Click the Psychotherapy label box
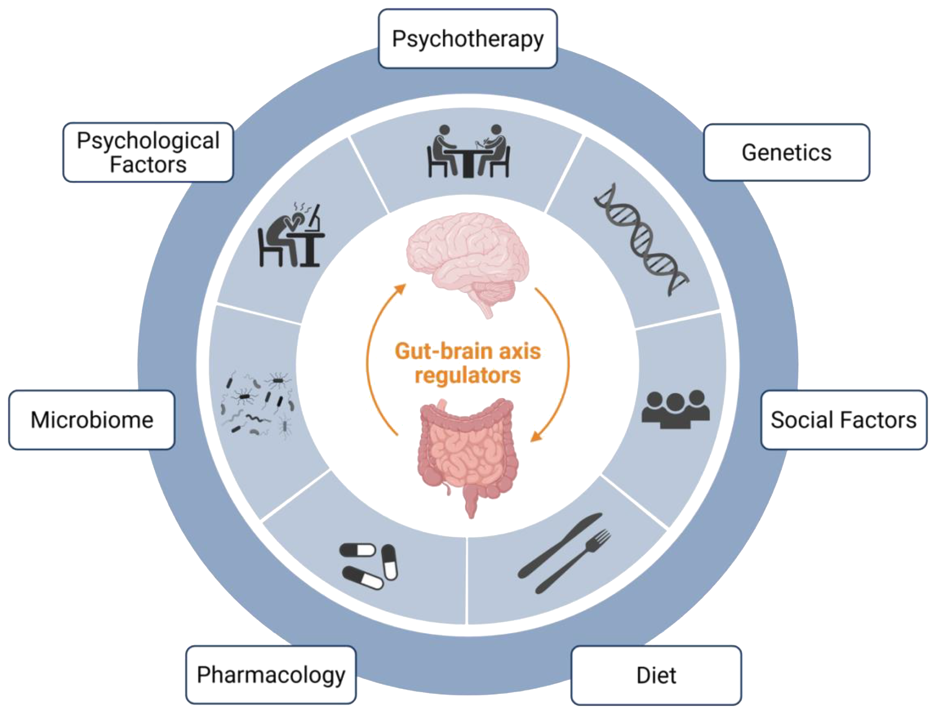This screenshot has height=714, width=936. point(467,39)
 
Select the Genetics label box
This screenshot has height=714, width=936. point(787,152)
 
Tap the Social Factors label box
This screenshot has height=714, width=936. point(844,420)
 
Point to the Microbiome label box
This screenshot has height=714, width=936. point(92,420)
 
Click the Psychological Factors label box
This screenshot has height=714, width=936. point(148,152)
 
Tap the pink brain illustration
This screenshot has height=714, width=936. point(467,259)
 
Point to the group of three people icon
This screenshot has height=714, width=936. point(675,409)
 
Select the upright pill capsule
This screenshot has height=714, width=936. point(390,562)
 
